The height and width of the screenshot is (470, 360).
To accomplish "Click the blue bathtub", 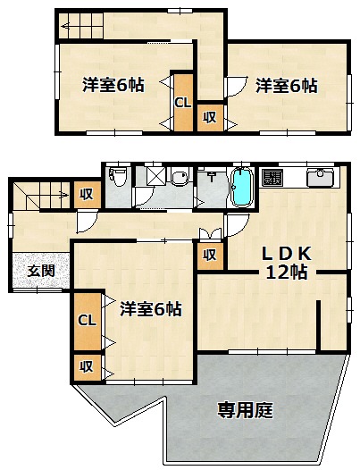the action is pos(241,187).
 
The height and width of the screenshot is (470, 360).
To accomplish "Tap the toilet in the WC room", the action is pos(119,177).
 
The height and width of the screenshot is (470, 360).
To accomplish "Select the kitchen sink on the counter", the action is pos(320,178).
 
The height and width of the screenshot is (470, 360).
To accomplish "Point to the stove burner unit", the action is pos(272,177).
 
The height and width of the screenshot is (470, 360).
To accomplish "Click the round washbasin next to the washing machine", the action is pos(180,178).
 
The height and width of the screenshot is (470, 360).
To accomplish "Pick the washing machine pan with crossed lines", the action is pos(155,176).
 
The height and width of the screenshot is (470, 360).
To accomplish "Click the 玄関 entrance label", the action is pos(41,272).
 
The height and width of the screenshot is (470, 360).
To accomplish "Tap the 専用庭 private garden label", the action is pos(246,410).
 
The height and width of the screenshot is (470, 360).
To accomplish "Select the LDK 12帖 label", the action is pos(287,264).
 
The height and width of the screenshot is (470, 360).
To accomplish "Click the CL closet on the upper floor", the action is pos(183,103).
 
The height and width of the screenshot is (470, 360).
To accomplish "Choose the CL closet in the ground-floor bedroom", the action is pos(88,321).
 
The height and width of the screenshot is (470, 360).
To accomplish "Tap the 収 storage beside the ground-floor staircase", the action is pos(88,195).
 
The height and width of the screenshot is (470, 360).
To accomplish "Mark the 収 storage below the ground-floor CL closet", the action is pos(88,367).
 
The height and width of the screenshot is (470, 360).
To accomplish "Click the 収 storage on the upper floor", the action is pos(210,118).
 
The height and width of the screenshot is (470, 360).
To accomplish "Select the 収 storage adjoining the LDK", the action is pos(210,256).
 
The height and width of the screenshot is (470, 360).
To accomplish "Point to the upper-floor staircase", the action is pos(81,26).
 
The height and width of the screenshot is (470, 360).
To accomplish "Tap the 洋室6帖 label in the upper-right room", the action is pos(287,86).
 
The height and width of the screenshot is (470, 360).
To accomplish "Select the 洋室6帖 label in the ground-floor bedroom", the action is pos(151,309).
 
